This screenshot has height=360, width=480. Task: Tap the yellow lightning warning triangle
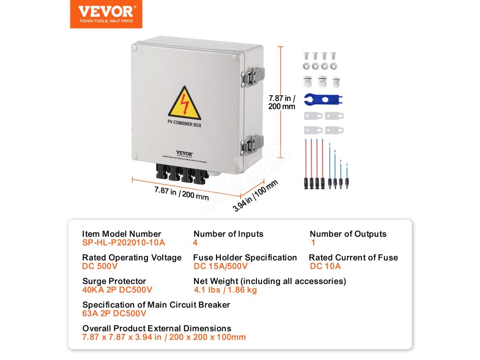(x=184, y=104)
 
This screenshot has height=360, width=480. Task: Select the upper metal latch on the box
(x=254, y=75)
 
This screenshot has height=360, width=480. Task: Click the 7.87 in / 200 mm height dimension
(x=282, y=102)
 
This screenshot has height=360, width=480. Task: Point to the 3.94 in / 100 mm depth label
(x=255, y=196)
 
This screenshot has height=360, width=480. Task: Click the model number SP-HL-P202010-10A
(x=123, y=243)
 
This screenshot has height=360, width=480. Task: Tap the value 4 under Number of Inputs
(x=195, y=243)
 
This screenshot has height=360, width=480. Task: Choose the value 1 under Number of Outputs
(x=313, y=243)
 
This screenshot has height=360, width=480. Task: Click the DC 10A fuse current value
(x=325, y=266)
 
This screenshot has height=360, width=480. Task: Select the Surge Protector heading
(x=114, y=281)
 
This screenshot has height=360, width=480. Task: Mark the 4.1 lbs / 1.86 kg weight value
(x=225, y=290)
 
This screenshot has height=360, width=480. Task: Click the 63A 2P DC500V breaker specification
(x=114, y=314)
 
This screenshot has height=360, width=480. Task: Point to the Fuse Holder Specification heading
(x=245, y=257)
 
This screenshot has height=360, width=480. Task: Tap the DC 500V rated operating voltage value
(x=100, y=266)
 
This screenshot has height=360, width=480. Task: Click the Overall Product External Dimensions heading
(x=157, y=328)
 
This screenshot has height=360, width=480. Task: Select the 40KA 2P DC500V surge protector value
(x=117, y=290)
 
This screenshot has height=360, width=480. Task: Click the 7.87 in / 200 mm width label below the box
(x=182, y=193)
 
